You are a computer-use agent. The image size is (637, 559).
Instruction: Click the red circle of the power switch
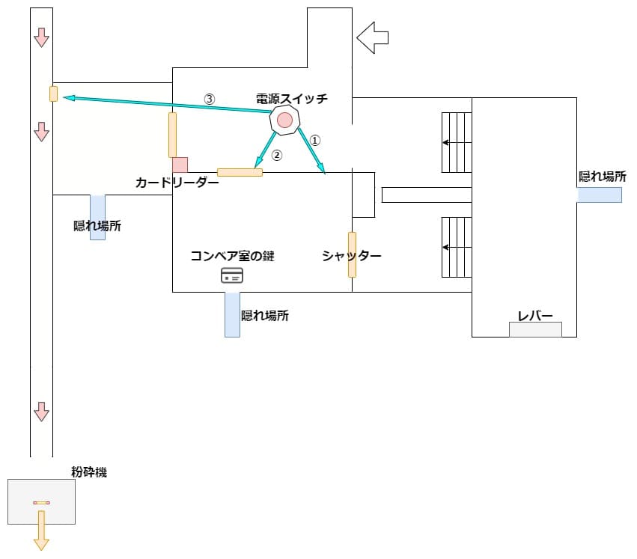[284, 120]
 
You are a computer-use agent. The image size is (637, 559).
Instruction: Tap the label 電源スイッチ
[292, 99]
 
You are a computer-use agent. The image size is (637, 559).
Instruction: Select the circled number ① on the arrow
[315, 139]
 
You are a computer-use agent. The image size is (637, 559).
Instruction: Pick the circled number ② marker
[276, 156]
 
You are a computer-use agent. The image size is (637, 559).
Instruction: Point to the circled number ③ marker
[210, 98]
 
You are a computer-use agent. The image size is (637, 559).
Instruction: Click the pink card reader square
[180, 165]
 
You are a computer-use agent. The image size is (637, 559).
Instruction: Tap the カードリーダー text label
[177, 183]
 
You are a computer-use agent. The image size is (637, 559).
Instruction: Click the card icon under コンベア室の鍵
[232, 275]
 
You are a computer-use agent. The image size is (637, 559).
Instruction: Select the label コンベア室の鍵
[232, 256]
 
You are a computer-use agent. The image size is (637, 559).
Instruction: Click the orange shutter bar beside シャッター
[352, 254]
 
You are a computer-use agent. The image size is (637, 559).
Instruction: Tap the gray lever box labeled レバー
[535, 329]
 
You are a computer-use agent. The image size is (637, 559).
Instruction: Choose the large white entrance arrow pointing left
[373, 37]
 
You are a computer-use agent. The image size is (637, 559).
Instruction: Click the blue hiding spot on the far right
[600, 195]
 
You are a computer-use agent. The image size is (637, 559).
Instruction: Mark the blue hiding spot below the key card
[232, 314]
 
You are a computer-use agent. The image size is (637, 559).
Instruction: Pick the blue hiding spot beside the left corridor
[97, 217]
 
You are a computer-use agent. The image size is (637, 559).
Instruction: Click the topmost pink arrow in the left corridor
[42, 37]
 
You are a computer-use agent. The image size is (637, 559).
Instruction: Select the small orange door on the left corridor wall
[53, 94]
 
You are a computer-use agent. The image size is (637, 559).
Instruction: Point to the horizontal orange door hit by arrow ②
[240, 173]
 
